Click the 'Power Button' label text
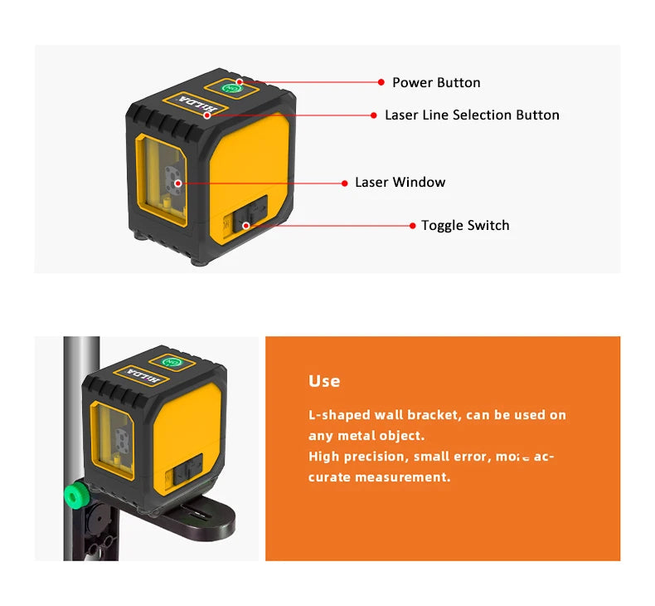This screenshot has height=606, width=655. point(435,82)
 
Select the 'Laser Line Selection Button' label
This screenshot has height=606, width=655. point(471,115)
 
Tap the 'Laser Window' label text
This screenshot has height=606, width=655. point(400,183)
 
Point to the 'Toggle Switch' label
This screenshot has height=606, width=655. point(464,226)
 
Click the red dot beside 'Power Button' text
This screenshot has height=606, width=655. point(381,82)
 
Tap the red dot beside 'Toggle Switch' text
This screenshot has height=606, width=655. point(412,226)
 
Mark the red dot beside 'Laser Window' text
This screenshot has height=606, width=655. point(346,183)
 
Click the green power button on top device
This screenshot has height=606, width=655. point(231,86)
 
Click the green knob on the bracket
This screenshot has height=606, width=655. point(77,496)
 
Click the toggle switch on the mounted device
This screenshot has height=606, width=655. point(182,474)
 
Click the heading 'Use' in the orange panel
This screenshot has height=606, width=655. point(324,381)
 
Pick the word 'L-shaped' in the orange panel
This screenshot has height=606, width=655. point(338,415)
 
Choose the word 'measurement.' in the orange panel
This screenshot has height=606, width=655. point(402,477)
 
